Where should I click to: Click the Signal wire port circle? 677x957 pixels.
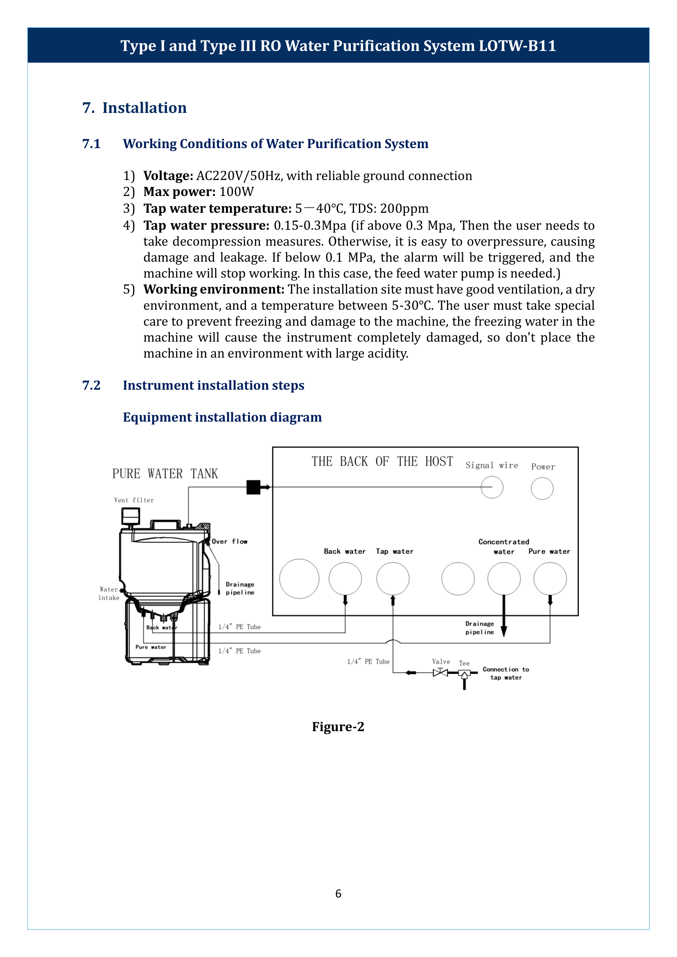click(492, 487)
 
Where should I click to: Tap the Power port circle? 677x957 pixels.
click(542, 489)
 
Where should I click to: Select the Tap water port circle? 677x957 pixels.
click(393, 579)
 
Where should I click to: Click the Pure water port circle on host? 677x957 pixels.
click(550, 579)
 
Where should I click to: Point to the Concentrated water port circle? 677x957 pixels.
click(504, 579)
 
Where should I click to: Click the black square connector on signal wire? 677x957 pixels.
click(253, 487)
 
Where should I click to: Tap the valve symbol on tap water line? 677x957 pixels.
click(440, 672)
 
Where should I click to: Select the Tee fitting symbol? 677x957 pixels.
click(464, 673)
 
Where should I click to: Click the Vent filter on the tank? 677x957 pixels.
click(131, 516)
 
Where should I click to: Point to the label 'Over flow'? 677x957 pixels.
click(229, 541)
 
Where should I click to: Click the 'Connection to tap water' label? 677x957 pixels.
click(505, 673)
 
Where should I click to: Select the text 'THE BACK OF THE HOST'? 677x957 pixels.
click(382, 462)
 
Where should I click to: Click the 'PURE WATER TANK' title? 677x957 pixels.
click(165, 474)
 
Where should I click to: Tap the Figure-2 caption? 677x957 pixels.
click(338, 727)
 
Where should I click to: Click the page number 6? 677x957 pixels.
click(338, 893)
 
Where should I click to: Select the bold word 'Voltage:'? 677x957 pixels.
click(168, 176)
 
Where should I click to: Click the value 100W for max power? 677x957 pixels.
click(236, 192)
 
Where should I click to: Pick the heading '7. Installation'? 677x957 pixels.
click(134, 108)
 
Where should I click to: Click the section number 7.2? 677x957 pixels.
click(91, 385)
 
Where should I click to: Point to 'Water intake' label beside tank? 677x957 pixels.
click(109, 593)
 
